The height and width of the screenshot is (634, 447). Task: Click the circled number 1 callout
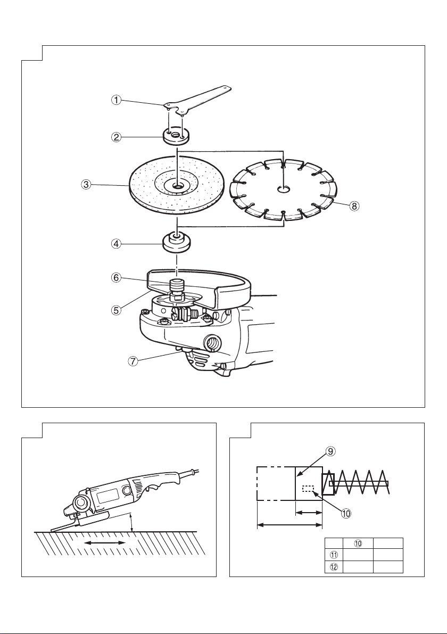click(x=117, y=100)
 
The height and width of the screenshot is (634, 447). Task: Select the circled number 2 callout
click(x=117, y=137)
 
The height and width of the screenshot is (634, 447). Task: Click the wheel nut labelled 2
click(x=177, y=136)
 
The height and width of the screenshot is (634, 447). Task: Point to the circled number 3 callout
click(x=86, y=184)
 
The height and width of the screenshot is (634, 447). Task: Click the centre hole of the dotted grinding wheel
click(x=177, y=186)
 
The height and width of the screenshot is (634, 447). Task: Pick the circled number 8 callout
click(x=354, y=206)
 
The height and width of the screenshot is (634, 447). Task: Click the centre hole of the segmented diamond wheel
click(x=284, y=189)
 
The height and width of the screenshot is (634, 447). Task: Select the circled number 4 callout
click(x=117, y=244)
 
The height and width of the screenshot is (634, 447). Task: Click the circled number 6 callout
click(x=117, y=278)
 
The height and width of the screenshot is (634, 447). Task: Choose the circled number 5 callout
click(x=117, y=310)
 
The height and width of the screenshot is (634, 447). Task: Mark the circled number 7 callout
click(x=134, y=361)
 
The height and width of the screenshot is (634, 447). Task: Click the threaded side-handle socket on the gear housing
click(x=211, y=343)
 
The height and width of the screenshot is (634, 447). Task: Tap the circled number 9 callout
click(x=330, y=451)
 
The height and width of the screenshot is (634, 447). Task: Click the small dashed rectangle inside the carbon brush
click(x=308, y=489)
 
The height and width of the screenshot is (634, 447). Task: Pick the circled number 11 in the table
click(x=334, y=554)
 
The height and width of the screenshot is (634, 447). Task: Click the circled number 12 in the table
click(x=334, y=567)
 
